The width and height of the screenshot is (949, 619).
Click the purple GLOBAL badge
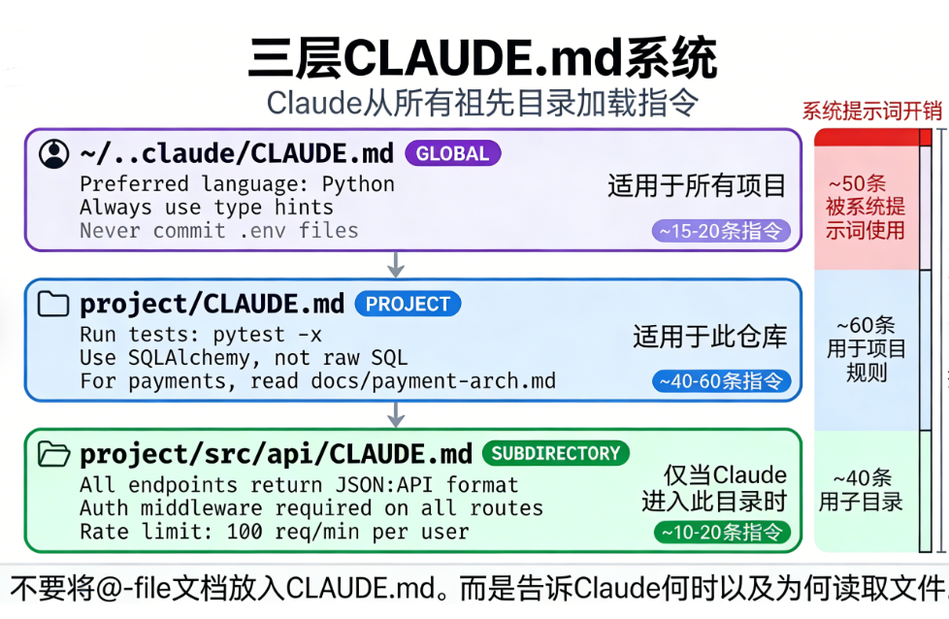click(x=452, y=153)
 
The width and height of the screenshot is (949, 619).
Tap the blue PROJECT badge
click(x=408, y=304)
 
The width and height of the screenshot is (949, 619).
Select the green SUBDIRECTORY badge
click(x=555, y=453)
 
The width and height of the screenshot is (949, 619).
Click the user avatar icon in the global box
click(x=54, y=153)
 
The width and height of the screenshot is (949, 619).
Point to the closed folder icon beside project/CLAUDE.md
click(x=54, y=305)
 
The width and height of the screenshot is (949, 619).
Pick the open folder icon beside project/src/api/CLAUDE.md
click(x=54, y=454)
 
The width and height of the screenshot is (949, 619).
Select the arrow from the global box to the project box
click(x=396, y=264)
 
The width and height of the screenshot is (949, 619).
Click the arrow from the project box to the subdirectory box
click(x=396, y=414)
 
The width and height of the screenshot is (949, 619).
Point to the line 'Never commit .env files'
click(x=219, y=231)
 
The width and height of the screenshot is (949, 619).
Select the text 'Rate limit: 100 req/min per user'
click(x=274, y=532)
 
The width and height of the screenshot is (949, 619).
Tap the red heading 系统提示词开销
click(x=871, y=111)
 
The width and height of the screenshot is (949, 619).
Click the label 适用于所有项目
click(x=697, y=185)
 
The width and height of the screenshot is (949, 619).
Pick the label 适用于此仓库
click(x=709, y=337)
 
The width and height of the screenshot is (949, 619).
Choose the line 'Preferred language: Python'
click(x=237, y=184)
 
